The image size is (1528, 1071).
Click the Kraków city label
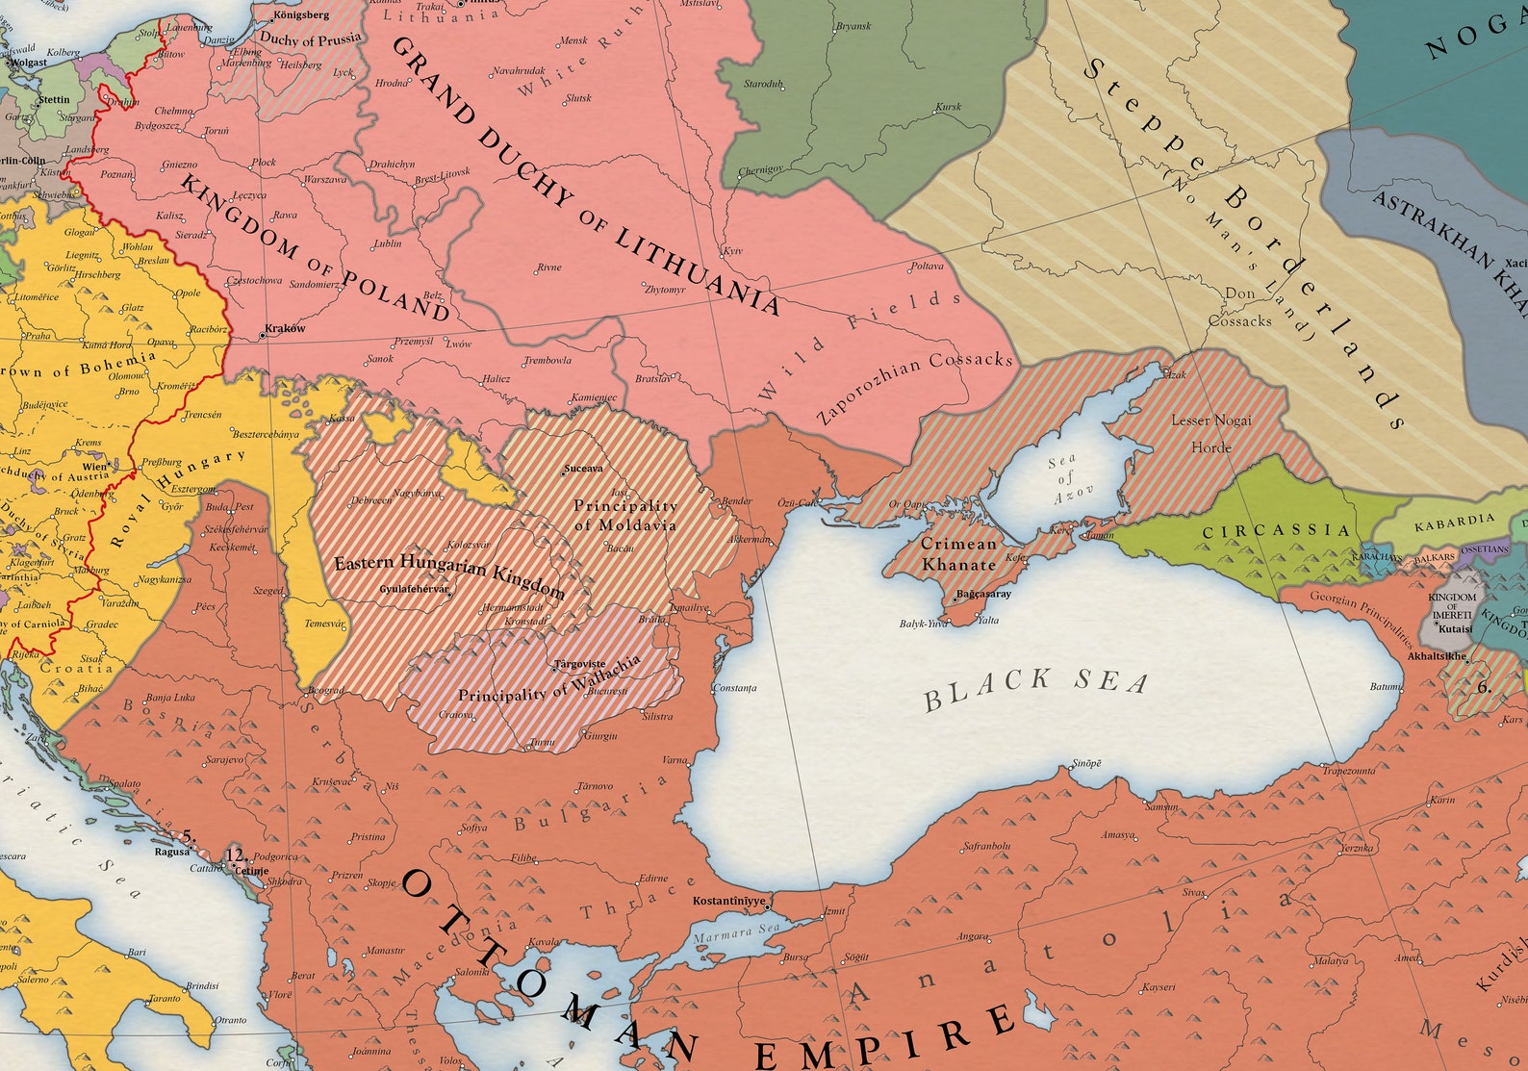point(285,328)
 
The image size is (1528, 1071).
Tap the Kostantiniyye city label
point(729,902)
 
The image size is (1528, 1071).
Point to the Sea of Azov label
point(1063,479)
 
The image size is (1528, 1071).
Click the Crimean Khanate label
point(957,553)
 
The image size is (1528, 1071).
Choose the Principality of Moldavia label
point(625,515)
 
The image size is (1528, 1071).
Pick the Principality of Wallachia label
point(548,682)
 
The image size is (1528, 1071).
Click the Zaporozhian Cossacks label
point(914,388)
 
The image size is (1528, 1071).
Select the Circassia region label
point(1276,530)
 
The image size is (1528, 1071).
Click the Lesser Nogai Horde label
point(1210,433)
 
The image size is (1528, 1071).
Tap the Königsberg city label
point(301,15)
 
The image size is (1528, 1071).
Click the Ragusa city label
point(172,852)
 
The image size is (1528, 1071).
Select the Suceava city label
point(584,469)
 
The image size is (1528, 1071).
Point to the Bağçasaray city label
point(983,594)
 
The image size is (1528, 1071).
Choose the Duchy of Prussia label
point(310,39)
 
